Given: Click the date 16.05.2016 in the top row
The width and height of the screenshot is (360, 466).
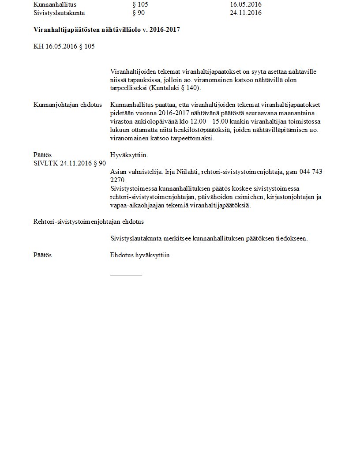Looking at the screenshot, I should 246,4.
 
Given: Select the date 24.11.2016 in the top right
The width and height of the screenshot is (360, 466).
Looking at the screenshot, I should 246,13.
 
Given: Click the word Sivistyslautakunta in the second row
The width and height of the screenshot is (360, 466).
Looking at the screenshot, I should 59,13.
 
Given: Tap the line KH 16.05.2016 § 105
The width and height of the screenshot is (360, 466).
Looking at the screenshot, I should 64,46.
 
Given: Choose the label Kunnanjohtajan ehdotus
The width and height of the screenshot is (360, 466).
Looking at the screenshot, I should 67,105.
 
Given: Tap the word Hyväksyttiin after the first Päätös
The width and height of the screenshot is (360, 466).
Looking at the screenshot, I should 129,155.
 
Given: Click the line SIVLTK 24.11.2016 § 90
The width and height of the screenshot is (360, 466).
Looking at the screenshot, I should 70,163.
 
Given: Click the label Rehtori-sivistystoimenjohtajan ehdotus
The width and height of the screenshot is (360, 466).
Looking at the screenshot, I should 89,222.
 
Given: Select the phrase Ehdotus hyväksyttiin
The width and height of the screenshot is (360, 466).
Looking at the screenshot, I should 141,255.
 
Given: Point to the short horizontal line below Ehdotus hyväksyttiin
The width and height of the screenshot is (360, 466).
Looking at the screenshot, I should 126,275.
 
